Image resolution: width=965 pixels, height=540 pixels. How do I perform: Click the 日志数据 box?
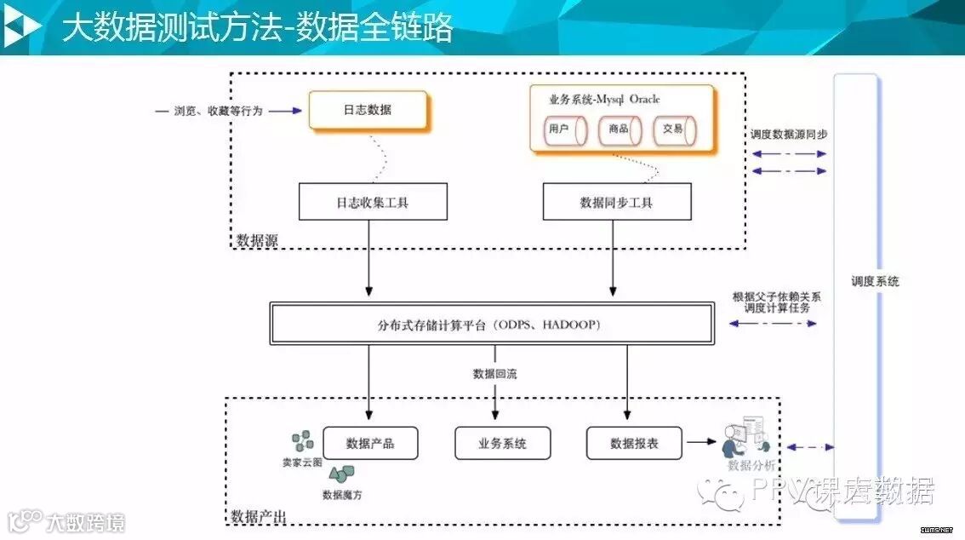(x=368, y=111)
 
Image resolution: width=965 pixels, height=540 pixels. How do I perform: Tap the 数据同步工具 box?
(x=616, y=203)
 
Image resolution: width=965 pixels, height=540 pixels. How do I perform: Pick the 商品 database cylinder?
(x=620, y=129)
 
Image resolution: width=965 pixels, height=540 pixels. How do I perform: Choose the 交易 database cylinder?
(x=675, y=129)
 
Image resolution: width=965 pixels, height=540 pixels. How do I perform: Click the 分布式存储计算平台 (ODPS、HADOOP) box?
(x=492, y=324)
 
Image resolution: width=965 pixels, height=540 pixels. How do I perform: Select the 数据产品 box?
(x=370, y=443)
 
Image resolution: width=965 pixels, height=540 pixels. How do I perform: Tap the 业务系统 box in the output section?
(x=502, y=443)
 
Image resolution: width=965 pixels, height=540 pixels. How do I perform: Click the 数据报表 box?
(x=635, y=443)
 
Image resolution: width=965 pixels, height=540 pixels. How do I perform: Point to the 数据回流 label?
(x=494, y=373)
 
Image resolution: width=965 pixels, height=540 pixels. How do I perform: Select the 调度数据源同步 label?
(x=788, y=135)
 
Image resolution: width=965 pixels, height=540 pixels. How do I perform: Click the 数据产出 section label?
(x=259, y=516)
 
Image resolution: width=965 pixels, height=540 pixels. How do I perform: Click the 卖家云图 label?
(x=302, y=462)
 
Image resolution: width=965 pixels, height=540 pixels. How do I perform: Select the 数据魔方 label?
(x=342, y=494)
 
